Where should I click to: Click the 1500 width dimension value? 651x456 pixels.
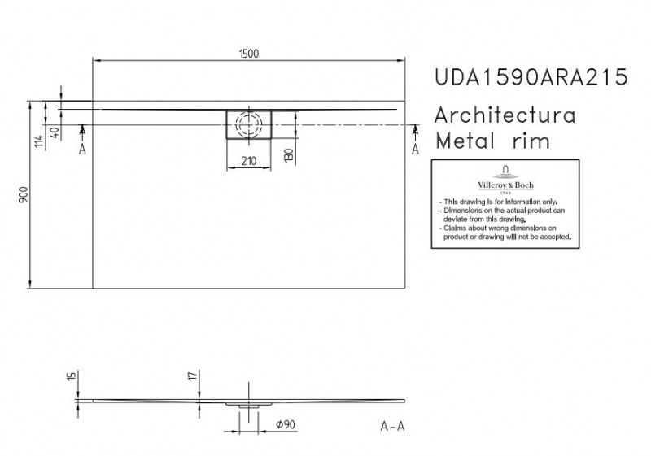(250, 52)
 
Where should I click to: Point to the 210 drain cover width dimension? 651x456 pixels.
(249, 161)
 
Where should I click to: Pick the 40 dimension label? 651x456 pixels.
(55, 132)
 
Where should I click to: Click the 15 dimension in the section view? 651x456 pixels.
(72, 376)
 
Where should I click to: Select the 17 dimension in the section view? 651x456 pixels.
(191, 376)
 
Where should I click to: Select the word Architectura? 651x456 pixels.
(507, 114)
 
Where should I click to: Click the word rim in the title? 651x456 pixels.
(531, 141)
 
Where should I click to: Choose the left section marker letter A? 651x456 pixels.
(82, 150)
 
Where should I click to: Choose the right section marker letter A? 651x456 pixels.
(415, 150)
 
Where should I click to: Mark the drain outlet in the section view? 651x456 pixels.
(248, 403)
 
